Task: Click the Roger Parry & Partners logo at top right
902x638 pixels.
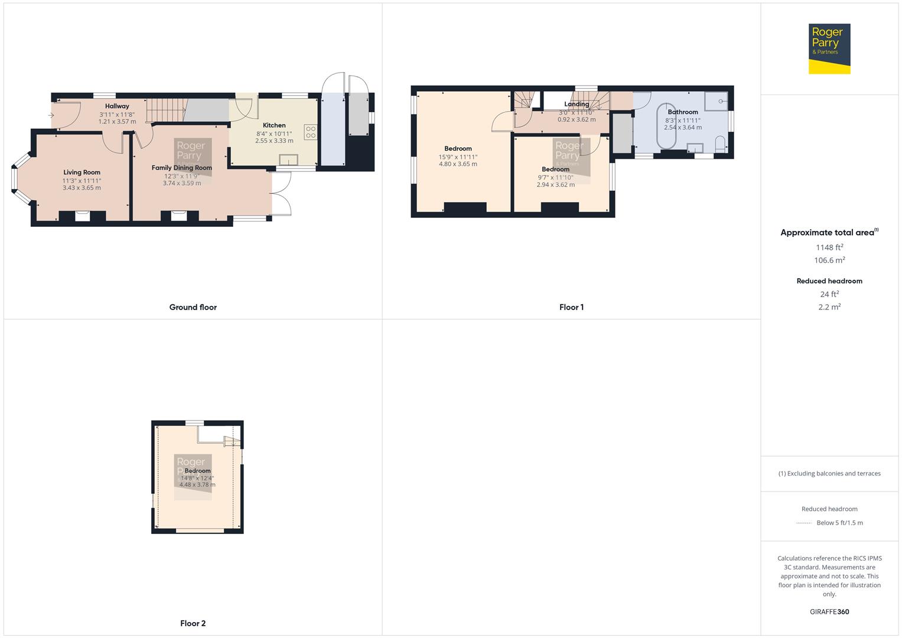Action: coord(829,48)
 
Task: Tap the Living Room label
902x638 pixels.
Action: coord(82,172)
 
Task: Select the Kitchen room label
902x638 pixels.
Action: coord(274,125)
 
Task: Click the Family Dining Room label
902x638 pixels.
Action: coord(181,168)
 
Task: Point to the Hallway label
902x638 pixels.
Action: coord(117,106)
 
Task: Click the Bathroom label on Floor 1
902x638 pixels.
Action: coord(683,112)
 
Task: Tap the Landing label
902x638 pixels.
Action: coord(577,104)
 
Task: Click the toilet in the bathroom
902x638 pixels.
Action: coord(720,144)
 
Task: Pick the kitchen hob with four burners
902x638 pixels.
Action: coord(311,132)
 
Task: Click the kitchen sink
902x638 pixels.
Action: coord(289,159)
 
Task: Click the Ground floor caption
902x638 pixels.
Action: coord(193,307)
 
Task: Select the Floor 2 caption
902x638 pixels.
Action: coord(193,623)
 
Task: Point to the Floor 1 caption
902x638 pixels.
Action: coord(571,307)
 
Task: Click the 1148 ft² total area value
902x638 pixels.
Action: coord(829,248)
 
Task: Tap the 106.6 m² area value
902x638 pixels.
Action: coord(829,261)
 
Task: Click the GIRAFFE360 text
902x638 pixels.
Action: coord(829,611)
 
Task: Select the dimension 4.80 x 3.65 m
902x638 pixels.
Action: coord(458,164)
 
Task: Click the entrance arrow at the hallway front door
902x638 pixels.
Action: coord(51,115)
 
